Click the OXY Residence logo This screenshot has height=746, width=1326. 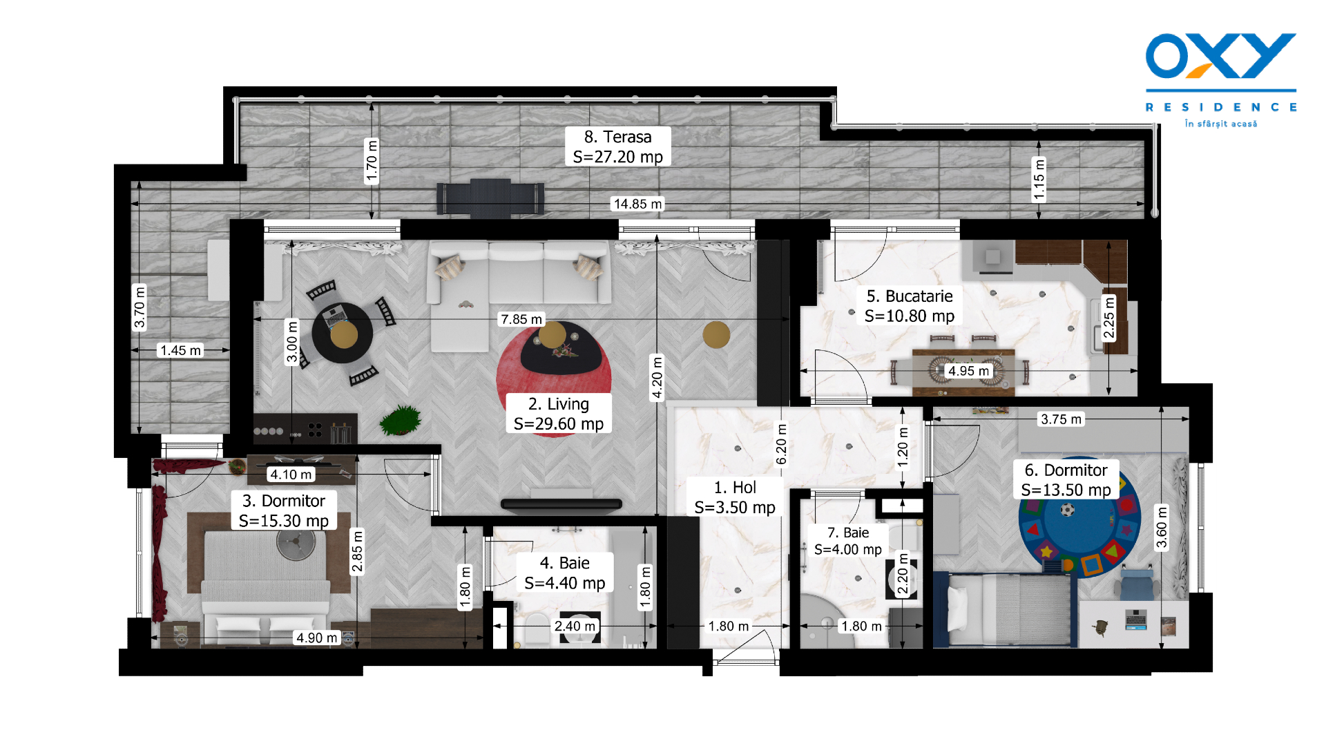[x=1220, y=79]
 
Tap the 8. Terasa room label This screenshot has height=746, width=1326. [x=618, y=146]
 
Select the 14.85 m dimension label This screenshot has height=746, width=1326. [x=638, y=204]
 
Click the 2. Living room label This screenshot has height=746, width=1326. [x=559, y=414]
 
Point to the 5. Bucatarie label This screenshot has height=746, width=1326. [x=910, y=306]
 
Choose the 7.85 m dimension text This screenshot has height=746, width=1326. [x=521, y=319]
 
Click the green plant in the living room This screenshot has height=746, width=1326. [x=401, y=420]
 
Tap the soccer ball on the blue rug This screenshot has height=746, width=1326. [x=1068, y=510]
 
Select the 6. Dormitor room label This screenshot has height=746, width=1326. [x=1066, y=480]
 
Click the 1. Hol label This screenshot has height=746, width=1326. [x=735, y=497]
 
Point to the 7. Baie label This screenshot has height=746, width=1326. [x=848, y=541]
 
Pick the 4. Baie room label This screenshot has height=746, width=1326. [x=565, y=573]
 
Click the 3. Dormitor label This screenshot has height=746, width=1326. [x=284, y=510]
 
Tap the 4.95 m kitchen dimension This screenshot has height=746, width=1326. [x=968, y=371]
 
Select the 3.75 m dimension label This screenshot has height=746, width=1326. [x=1061, y=419]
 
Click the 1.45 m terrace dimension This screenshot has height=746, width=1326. [x=180, y=350]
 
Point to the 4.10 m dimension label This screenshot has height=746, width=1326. [x=291, y=475]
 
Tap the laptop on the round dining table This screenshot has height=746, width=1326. [x=336, y=316]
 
